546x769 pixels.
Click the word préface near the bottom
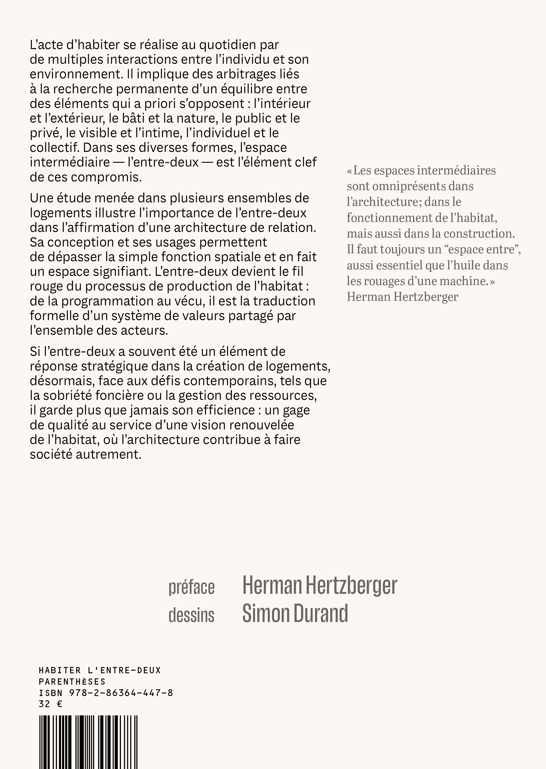click(x=191, y=588)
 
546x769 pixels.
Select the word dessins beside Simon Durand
click(x=191, y=615)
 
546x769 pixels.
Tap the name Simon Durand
click(x=295, y=614)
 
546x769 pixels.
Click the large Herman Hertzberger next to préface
click(x=320, y=586)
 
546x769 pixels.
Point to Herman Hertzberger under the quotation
click(x=402, y=297)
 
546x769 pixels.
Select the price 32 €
click(x=50, y=704)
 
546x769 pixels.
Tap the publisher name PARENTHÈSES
click(x=72, y=682)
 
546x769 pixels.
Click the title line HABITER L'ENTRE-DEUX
click(x=100, y=671)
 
